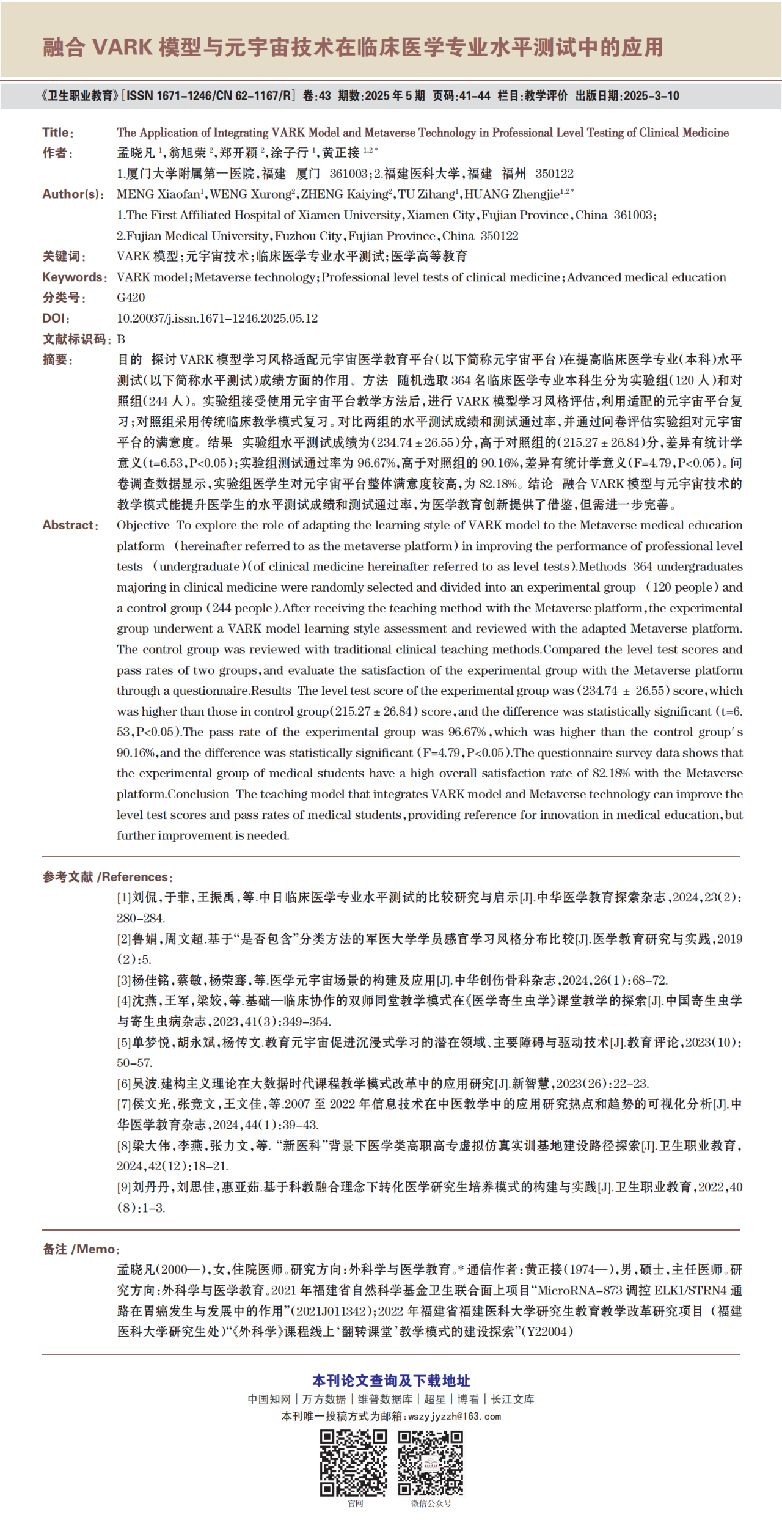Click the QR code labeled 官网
(354, 1462)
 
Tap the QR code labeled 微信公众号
(431, 1462)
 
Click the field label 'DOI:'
(56, 318)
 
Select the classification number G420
(131, 298)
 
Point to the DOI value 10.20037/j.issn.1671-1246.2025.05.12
(217, 318)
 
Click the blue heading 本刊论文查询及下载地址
(391, 1381)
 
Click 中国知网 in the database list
(269, 1399)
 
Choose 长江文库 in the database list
(513, 1399)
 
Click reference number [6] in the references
(124, 1084)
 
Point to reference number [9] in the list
(124, 1187)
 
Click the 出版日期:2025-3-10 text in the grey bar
(627, 96)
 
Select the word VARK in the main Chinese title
(122, 47)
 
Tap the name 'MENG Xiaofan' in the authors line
(158, 195)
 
